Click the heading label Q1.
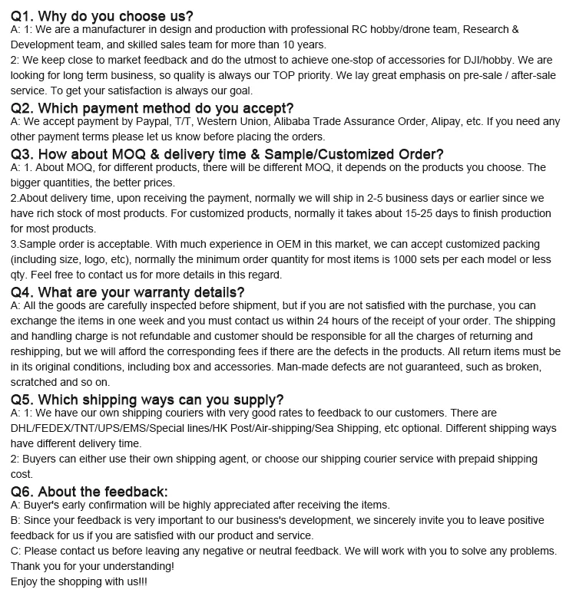coord(22,15)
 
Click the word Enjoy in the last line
coord(26,581)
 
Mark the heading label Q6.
coord(22,491)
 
